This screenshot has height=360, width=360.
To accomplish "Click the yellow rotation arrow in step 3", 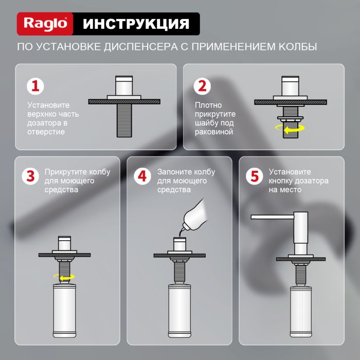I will [x=65, y=277].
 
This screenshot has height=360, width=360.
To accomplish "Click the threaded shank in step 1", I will [x=124, y=118].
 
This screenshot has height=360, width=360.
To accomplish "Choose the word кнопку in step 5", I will [x=281, y=181].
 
